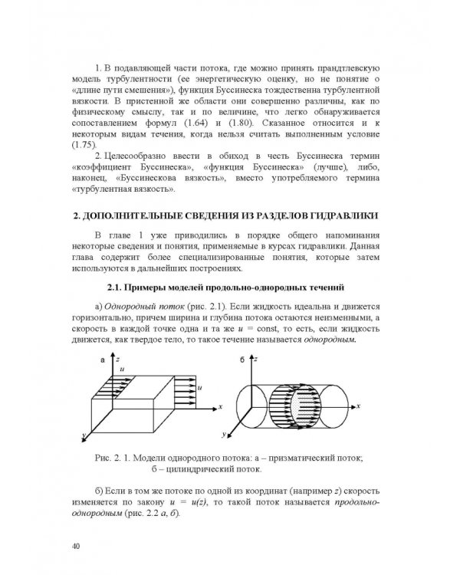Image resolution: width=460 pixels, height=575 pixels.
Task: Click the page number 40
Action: tap(74, 545)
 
